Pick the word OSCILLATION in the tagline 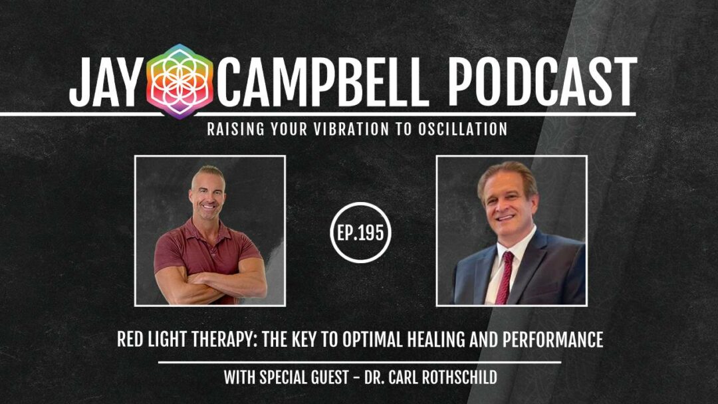tap(462, 129)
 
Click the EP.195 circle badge tap(361, 233)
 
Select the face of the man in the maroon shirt tap(207, 195)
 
